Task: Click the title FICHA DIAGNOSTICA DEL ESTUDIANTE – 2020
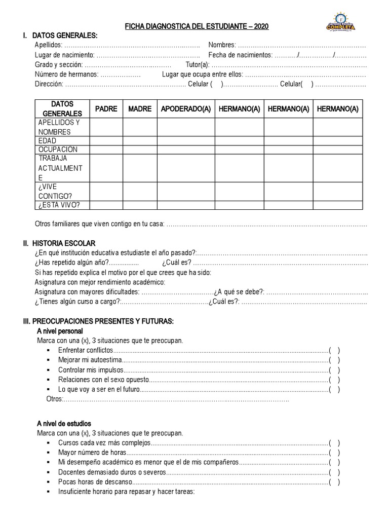coord(197,26)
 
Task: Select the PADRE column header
coord(106,109)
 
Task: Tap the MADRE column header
coord(140,109)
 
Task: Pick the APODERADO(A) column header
coord(185,109)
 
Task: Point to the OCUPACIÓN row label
coord(57,150)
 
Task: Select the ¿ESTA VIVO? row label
coord(59,205)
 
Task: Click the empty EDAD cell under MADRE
coord(140,141)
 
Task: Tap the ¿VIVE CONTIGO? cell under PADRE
coord(106,192)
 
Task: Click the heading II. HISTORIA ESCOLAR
coord(59,244)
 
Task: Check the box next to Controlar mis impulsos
coord(334,370)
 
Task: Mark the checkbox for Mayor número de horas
coord(334,453)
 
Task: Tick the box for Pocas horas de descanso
coord(334,481)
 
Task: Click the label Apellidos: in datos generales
coord(49,45)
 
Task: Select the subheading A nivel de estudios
coord(64,423)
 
